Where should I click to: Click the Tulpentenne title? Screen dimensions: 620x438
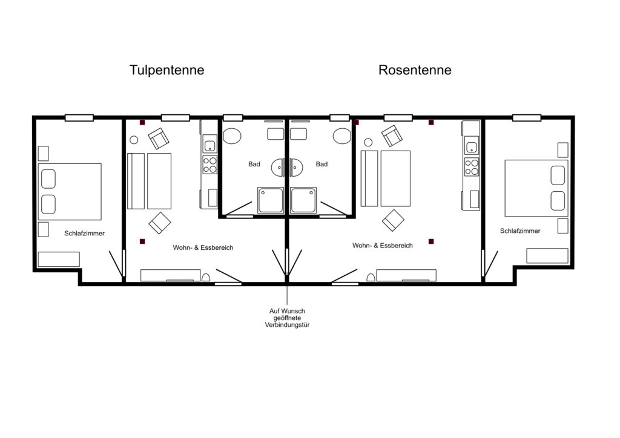tap(167, 70)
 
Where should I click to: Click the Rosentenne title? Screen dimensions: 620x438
tap(415, 70)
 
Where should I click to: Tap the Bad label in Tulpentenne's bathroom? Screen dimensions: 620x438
tap(254, 164)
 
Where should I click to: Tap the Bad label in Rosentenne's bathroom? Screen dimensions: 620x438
tap(322, 164)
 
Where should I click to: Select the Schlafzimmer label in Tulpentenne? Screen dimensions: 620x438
tap(85, 234)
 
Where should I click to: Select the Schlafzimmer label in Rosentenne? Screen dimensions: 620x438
tap(520, 231)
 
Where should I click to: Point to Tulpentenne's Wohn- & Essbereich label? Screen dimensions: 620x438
tap(203, 247)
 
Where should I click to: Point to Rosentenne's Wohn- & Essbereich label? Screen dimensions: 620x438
tap(383, 245)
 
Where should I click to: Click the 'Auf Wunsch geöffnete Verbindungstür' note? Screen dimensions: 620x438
tap(287, 318)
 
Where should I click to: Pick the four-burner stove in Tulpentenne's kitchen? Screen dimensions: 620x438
tap(210, 165)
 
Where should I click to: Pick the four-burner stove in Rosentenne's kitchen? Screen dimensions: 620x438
tap(472, 166)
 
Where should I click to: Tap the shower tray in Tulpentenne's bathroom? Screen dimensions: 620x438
tap(271, 200)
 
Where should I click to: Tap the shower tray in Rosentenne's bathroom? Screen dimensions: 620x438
tap(303, 200)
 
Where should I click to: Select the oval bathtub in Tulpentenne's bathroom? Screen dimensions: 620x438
tap(232, 136)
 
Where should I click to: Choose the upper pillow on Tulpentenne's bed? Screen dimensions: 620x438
tap(48, 179)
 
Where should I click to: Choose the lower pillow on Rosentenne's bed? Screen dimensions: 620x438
tap(558, 201)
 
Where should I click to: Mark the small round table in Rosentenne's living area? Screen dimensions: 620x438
tap(368, 142)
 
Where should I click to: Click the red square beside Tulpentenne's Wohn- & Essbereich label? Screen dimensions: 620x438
tap(142, 241)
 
